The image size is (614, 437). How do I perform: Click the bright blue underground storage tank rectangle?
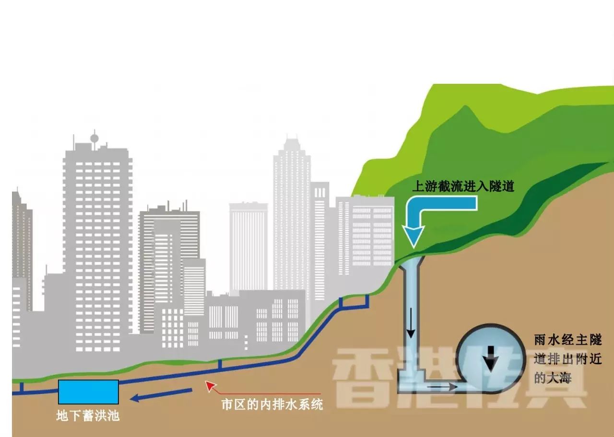pos(88,391)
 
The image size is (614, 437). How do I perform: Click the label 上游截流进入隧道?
pos(463,186)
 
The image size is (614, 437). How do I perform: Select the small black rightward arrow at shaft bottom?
pos(440,384)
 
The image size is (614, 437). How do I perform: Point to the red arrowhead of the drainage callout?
pos(208,383)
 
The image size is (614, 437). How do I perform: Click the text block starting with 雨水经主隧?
pos(567,359)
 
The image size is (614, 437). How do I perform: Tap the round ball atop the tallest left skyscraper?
pos(94,139)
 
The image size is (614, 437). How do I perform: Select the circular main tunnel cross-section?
pos(489,356)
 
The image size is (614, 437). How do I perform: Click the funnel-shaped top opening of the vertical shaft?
pos(411,261)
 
